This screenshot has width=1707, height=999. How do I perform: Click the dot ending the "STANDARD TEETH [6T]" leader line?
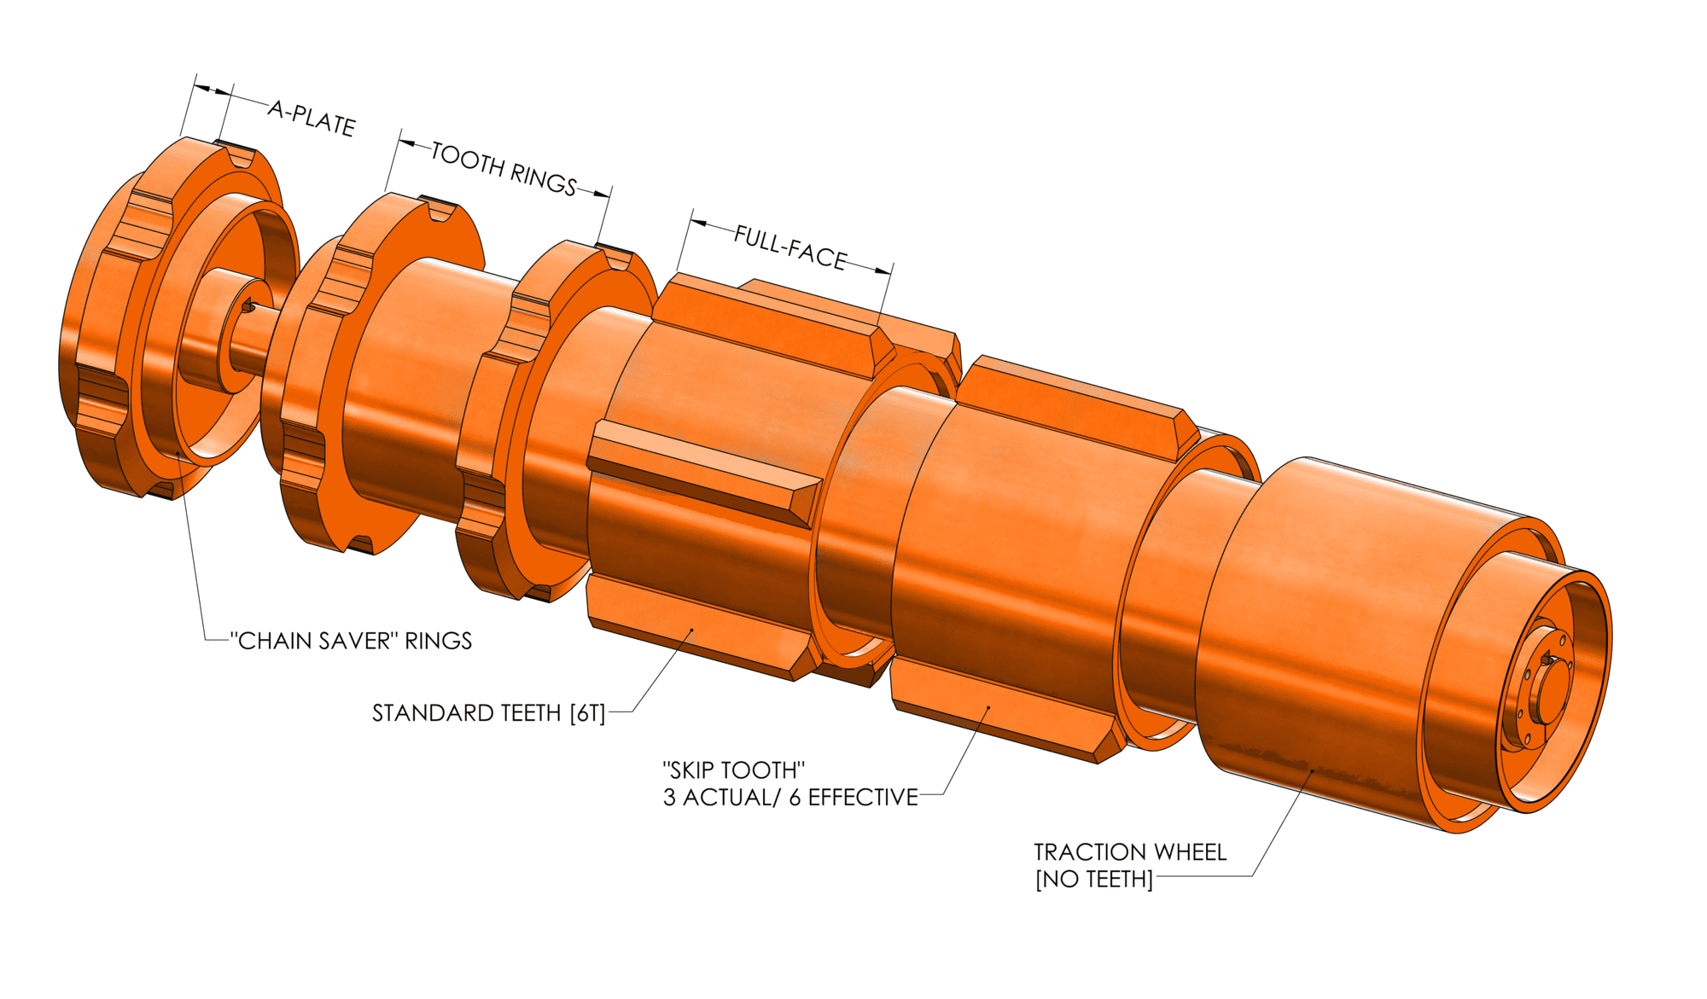(692, 631)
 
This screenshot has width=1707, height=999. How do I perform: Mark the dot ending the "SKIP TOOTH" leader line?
(988, 707)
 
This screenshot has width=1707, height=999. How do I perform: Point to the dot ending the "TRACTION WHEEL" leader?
(1313, 771)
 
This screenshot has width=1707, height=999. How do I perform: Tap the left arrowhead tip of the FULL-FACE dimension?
(690, 222)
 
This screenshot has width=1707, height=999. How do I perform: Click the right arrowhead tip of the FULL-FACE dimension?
(892, 273)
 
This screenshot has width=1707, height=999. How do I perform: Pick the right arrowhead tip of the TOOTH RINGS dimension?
(611, 196)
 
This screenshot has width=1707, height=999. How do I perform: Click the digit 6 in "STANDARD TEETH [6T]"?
(582, 713)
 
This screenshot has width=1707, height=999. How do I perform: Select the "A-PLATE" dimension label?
(312, 119)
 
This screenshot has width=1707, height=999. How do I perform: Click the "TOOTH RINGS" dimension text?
(504, 168)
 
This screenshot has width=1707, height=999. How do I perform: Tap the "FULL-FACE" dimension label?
(790, 247)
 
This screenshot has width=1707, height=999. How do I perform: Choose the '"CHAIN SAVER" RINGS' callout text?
(351, 641)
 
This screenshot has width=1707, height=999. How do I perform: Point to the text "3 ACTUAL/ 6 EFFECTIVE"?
(790, 797)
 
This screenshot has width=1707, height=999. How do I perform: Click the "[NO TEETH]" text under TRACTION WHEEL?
(1093, 880)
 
